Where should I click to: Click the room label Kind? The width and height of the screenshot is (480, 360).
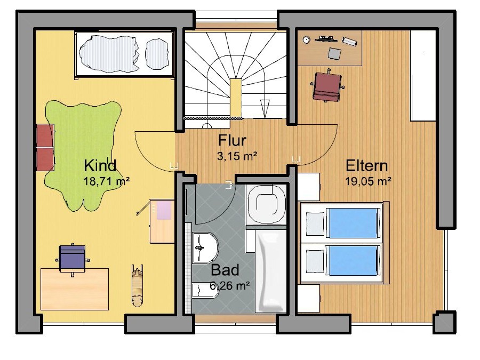coord(100,165)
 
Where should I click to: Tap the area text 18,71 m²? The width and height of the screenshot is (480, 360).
coord(107,181)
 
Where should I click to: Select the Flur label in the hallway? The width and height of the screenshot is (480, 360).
coord(232,141)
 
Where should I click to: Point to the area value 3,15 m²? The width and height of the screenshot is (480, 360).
coord(237,156)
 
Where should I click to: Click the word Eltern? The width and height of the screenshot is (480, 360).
coord(366,165)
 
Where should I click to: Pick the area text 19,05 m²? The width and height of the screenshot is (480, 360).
coord(369,181)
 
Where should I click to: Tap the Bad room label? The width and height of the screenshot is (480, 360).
coord(225,269)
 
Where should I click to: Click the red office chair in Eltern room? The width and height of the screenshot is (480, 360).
coord(326,85)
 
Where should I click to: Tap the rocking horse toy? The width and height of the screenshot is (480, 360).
coord(138,285)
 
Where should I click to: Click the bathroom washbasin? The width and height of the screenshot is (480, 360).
coord(205,247)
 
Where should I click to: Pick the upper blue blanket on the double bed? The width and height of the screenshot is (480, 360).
coord(354,222)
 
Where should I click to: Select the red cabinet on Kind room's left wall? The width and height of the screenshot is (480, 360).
coord(45,147)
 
